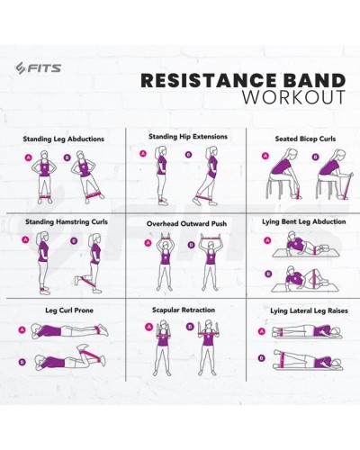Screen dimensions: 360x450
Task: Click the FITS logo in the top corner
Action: pos(38,68)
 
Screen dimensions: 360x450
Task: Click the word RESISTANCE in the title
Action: pos(209,80)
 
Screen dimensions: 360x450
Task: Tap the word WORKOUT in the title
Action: pos(294,97)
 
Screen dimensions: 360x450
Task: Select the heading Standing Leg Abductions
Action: pos(64,139)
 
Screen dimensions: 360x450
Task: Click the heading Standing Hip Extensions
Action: pos(188,137)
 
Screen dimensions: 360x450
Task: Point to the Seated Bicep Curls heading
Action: pos(305,139)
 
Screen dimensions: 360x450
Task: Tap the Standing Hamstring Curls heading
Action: pos(67,222)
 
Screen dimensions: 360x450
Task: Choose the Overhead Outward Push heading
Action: pos(186,224)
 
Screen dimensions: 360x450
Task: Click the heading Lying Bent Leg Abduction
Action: pos(304,222)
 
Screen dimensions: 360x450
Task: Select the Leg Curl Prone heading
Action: pos(69,310)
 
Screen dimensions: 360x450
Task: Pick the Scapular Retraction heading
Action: pos(184,310)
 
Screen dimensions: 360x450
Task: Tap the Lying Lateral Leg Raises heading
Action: pos(309,310)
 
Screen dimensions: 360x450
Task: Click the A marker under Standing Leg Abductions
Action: pos(29,157)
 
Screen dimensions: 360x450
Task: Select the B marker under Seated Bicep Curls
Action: pos(315,157)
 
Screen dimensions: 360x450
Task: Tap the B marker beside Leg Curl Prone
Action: pos(22,362)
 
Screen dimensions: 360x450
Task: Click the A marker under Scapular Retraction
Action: pos(148,327)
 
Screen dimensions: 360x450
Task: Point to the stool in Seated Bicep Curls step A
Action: pos(277,188)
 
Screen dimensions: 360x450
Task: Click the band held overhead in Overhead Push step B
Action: pos(212,238)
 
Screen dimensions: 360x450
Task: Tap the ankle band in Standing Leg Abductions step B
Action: pos(94,196)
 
